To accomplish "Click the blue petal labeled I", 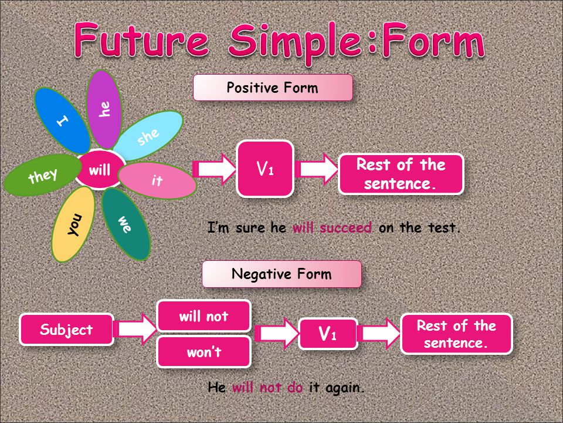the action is [x=62, y=121].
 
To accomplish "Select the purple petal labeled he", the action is [x=104, y=109].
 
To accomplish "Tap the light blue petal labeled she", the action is [x=148, y=136].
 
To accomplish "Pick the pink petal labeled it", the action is [x=157, y=180].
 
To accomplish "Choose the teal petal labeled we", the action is [x=126, y=224].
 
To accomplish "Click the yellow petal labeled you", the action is [x=74, y=224].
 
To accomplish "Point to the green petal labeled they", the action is [x=42, y=175].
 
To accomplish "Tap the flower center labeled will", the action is [x=100, y=169].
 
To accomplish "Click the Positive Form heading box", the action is [x=273, y=88].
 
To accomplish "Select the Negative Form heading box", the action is [x=281, y=274].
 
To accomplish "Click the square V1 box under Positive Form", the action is [x=265, y=169].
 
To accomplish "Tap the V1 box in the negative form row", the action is [x=328, y=334].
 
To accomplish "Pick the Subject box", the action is [x=66, y=330].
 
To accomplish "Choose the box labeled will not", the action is [x=204, y=316].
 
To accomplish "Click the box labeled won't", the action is [x=204, y=352].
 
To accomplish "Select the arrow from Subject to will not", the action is [x=135, y=329].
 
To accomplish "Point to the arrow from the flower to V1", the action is [x=215, y=169].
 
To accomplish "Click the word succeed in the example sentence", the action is [x=345, y=228].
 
